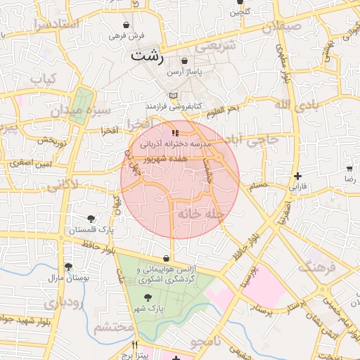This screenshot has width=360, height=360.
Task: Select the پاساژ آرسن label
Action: click(x=184, y=72)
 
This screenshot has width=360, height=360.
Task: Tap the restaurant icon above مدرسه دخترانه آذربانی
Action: click(x=174, y=132)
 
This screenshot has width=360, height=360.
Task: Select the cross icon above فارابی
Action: click(x=298, y=176)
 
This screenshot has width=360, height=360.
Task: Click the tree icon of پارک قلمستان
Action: click(x=91, y=219)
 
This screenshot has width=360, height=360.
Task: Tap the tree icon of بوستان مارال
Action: click(x=68, y=266)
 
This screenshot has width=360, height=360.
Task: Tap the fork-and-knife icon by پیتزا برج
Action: click(x=136, y=345)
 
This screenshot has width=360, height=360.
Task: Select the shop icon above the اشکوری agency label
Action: click(x=167, y=258)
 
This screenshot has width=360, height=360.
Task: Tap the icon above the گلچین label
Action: click(x=240, y=2)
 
